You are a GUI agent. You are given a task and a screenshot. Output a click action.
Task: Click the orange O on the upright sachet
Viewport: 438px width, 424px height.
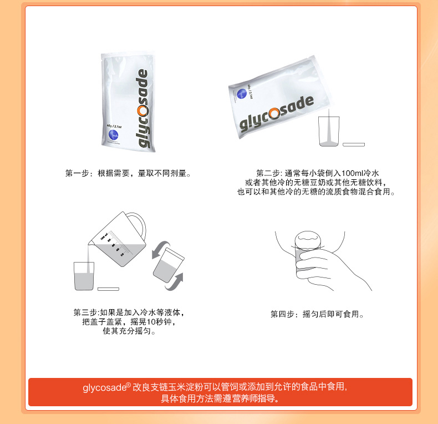tap(142, 111)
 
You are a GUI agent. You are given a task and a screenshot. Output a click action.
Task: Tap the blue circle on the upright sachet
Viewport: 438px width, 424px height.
tap(113, 135)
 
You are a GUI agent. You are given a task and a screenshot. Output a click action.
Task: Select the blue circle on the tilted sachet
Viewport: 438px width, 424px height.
tap(242, 94)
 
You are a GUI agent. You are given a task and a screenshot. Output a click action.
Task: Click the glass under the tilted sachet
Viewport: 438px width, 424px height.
tap(329, 131)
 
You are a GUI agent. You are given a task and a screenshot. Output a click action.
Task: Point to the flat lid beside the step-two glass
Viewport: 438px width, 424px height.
tap(354, 145)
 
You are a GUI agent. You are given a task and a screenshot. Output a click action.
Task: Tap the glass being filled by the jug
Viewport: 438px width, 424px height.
tap(84, 276)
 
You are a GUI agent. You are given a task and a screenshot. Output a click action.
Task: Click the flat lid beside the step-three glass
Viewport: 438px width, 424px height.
tap(108, 289)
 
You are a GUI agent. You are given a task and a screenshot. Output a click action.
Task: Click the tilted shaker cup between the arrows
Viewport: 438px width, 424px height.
tap(169, 265)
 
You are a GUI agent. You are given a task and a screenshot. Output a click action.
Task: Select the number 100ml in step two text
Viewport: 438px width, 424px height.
tap(352, 173)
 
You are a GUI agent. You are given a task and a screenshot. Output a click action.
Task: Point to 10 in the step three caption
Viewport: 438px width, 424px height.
tap(151, 322)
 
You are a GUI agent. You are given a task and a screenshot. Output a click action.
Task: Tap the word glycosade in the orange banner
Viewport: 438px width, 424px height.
tap(105, 387)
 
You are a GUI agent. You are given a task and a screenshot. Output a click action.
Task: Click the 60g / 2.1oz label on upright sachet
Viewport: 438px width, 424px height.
tap(114, 126)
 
